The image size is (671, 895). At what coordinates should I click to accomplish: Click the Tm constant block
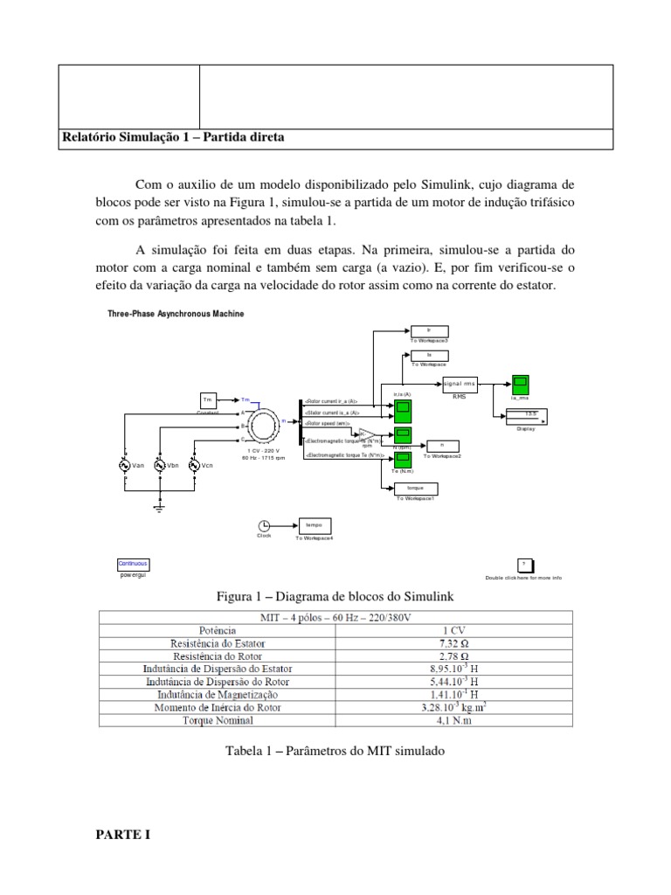pos(208,399)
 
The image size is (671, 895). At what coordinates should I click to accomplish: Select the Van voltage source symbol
pos(125,465)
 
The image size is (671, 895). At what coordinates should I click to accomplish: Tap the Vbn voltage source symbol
pos(159,465)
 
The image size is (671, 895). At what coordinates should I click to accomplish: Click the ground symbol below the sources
pos(159,504)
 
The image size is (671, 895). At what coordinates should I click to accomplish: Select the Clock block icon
pos(264,525)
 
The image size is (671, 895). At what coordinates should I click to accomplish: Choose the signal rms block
pos(460,384)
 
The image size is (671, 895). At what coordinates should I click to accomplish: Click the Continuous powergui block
pos(134,564)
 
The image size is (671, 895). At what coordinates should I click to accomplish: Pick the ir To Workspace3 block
pos(429,330)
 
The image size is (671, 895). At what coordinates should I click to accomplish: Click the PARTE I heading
pos(123,835)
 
